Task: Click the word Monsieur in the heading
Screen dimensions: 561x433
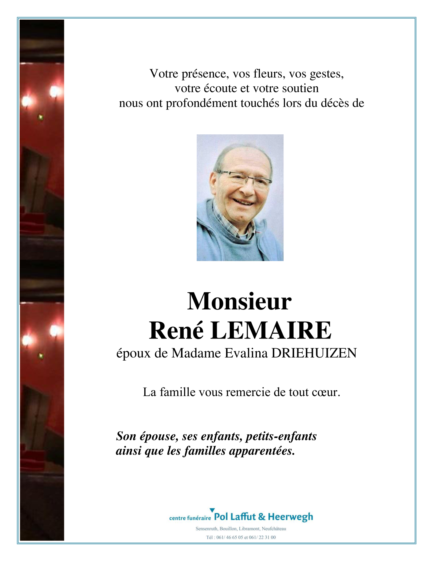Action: tap(239, 301)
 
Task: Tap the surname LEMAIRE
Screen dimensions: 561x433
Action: tap(271, 331)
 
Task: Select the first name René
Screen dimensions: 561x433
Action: tap(176, 331)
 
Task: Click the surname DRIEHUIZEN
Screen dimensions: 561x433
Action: tap(314, 353)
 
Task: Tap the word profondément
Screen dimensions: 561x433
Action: tap(201, 103)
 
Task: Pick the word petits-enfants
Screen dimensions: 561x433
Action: tap(281, 436)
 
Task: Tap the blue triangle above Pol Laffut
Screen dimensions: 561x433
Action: tap(212, 510)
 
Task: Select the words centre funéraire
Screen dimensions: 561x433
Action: tap(190, 518)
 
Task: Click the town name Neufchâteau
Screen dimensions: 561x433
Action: tap(274, 529)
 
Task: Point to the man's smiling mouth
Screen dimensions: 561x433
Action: tap(243, 202)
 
